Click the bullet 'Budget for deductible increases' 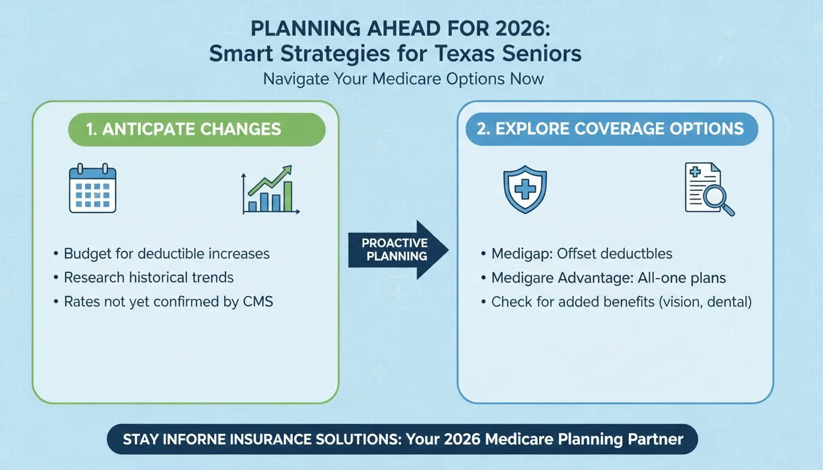[x=167, y=253]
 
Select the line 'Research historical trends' [x=149, y=277]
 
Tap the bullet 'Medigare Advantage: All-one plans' [x=609, y=278]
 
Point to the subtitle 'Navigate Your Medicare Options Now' [x=404, y=79]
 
